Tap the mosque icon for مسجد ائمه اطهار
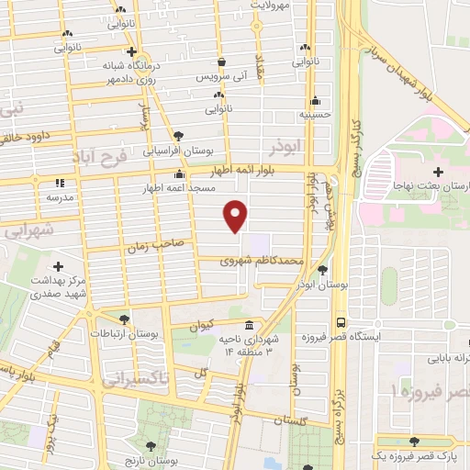click(x=181, y=174)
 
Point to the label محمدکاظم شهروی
click(x=262, y=262)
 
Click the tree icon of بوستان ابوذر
click(x=322, y=269)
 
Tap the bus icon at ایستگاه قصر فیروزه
click(x=341, y=323)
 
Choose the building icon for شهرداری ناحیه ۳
click(x=250, y=326)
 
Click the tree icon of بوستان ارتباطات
click(x=123, y=319)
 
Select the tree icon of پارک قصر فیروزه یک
click(x=419, y=442)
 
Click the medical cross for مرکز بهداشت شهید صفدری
click(x=61, y=266)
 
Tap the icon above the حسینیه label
click(x=316, y=101)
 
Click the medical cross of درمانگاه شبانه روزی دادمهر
click(x=133, y=51)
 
